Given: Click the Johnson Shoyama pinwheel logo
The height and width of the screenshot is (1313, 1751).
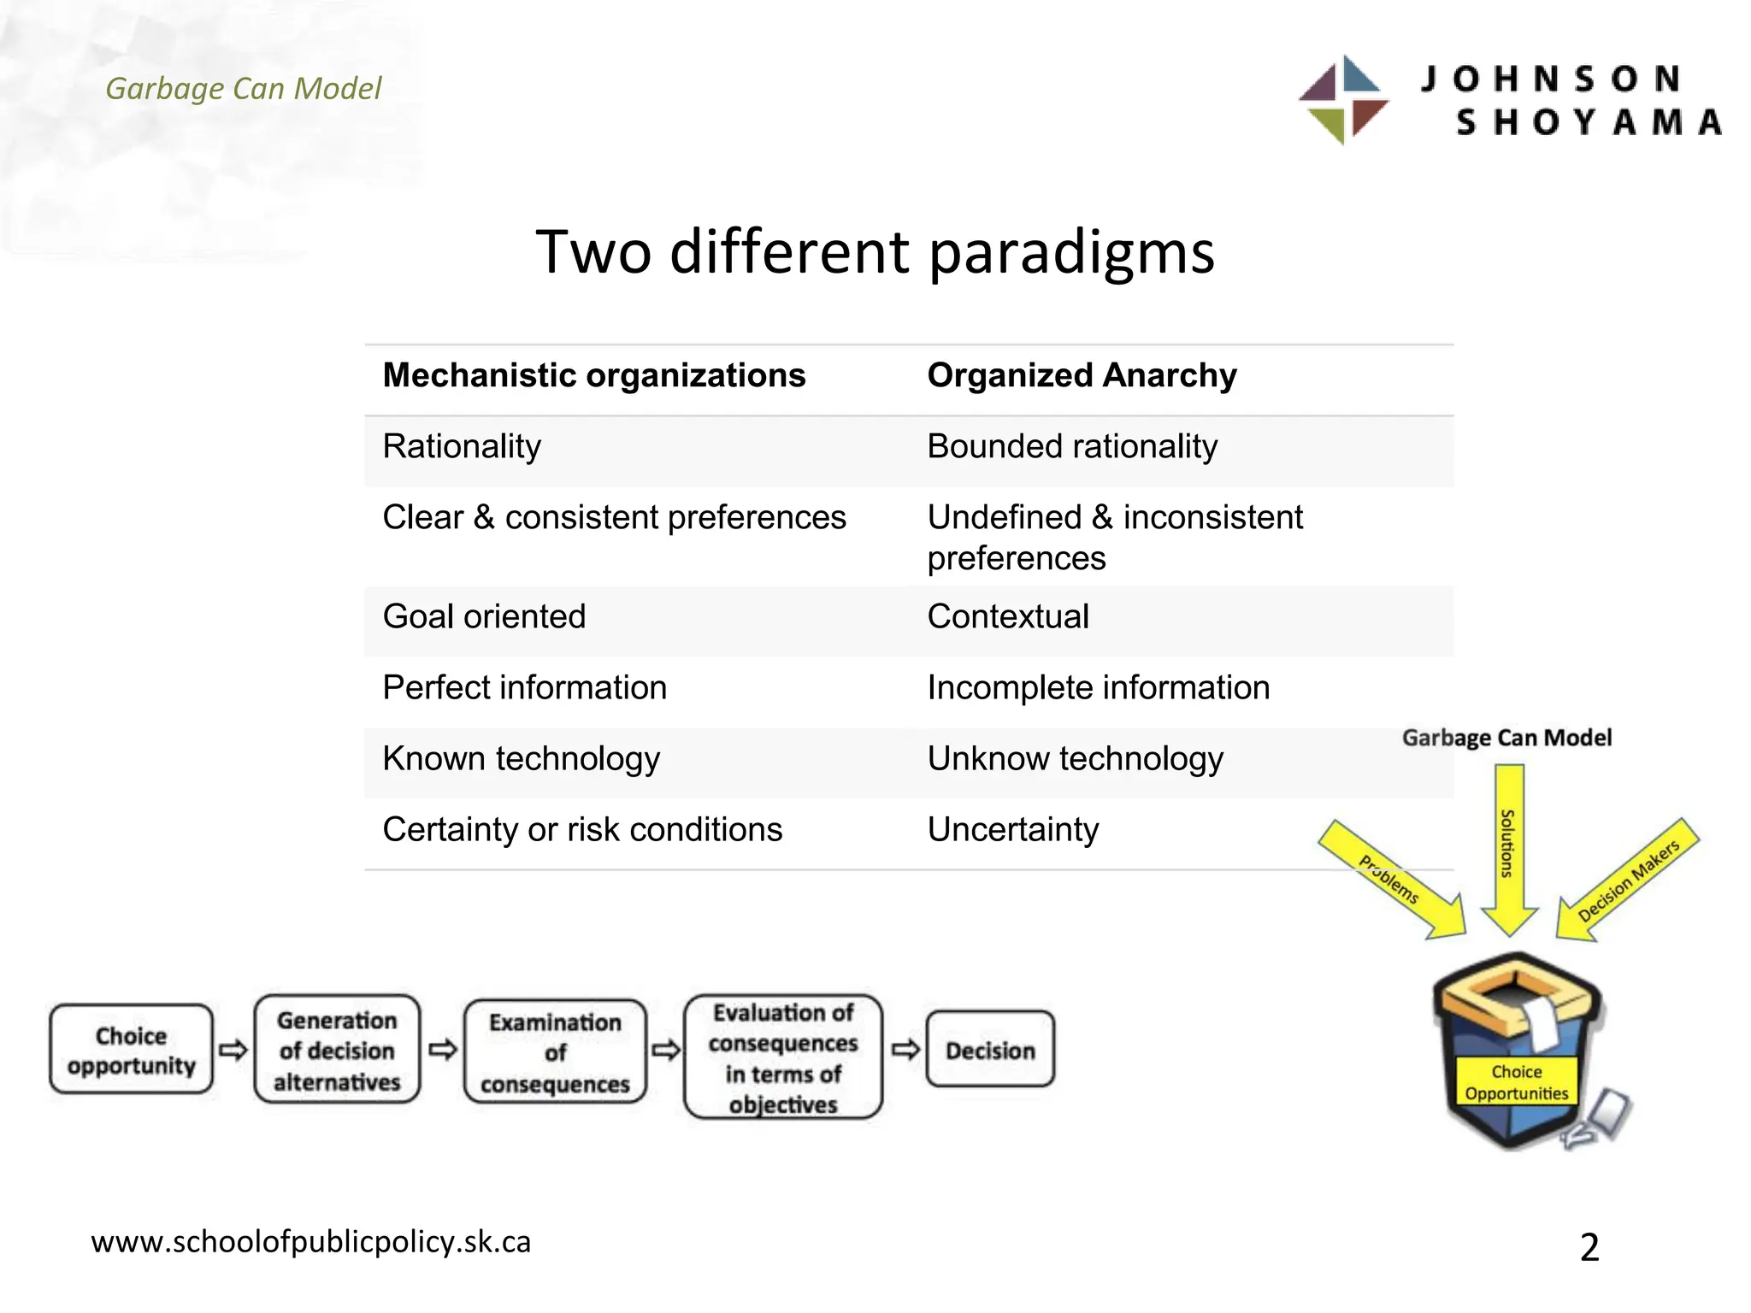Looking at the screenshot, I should [1343, 100].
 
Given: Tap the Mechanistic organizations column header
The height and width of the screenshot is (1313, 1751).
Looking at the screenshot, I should [594, 375].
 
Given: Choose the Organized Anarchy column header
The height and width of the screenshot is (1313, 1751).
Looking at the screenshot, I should [1082, 375].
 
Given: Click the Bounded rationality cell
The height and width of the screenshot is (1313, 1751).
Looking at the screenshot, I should [1072, 446].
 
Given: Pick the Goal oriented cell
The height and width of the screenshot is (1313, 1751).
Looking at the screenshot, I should [484, 616].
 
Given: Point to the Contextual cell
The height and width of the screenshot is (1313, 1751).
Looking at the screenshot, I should [1008, 616].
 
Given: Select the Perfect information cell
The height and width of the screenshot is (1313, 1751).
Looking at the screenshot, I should [524, 687].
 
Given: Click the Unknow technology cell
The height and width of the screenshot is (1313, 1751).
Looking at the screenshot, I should [1075, 758].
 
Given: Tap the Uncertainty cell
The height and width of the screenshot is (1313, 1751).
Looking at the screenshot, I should [1013, 829].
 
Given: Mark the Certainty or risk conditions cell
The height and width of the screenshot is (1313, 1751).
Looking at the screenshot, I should [582, 829].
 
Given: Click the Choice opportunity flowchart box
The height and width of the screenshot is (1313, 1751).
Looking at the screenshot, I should [131, 1050].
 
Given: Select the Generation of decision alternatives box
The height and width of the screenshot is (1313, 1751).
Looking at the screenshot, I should [337, 1050].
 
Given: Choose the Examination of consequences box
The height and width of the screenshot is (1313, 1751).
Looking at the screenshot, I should [555, 1052].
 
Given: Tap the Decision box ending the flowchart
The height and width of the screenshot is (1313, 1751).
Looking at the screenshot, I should [990, 1050].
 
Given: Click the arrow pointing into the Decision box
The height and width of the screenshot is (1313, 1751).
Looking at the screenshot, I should [905, 1049].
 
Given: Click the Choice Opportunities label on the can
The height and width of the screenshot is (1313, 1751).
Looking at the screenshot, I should [1516, 1082].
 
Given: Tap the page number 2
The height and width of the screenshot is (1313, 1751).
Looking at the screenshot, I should [1589, 1247].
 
